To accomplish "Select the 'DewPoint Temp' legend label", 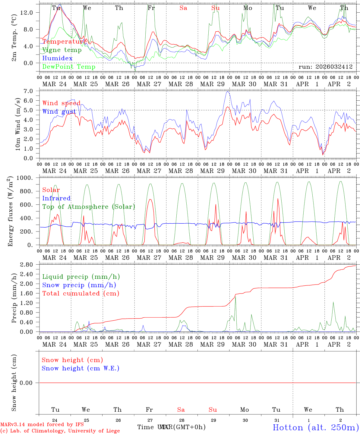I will [x=69, y=67].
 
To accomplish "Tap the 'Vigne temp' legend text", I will [x=62, y=50].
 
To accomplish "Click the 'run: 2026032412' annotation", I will [x=325, y=67].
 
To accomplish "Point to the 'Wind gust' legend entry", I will [x=59, y=112].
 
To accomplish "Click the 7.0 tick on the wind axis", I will [x=31, y=91].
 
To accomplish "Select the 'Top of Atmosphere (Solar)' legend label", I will [x=89, y=207].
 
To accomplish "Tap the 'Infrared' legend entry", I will [x=56, y=198].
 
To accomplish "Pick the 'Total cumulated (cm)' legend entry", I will [x=81, y=294].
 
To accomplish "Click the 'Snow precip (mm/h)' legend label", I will [x=79, y=285].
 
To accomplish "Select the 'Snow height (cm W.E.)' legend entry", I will [x=81, y=368].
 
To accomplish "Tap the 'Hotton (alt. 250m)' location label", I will [x=315, y=427].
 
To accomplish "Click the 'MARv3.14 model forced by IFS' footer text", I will [x=42, y=425].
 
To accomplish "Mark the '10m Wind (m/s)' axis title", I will [x=18, y=124].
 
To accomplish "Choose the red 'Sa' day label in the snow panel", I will [x=181, y=410].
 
